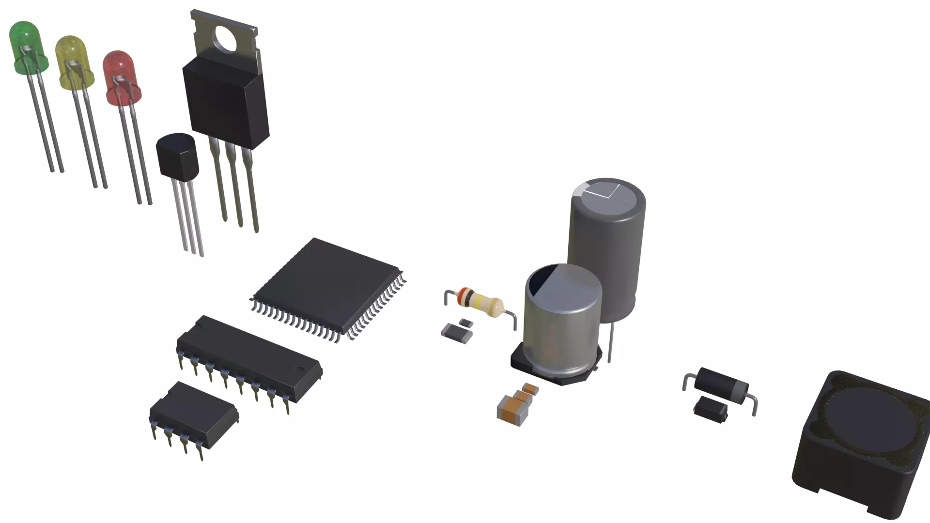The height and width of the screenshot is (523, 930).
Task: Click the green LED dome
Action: pyautogui.click(x=27, y=41)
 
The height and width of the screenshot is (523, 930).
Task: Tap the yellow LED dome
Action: pyautogui.click(x=73, y=56)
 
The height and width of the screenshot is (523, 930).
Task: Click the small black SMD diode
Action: pyautogui.click(x=711, y=409)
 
